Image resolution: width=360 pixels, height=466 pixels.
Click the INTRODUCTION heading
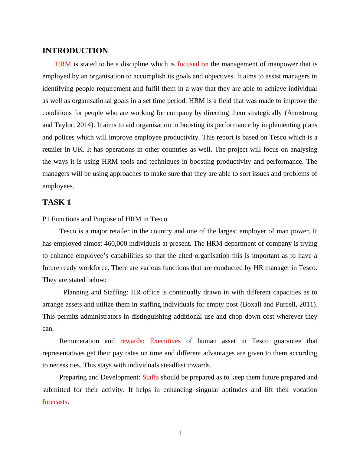pos(75,51)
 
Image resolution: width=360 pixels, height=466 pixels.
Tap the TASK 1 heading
pos(57,202)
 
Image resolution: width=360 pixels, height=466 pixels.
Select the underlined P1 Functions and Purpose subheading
pos(105,219)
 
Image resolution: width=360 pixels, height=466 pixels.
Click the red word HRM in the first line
pos(63,64)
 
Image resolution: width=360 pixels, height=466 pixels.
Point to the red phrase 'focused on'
pos(193,64)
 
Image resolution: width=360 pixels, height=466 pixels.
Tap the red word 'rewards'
pos(131,341)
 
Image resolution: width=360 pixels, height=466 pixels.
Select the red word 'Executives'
pos(165,341)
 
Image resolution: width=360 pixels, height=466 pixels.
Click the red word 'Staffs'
pos(150,377)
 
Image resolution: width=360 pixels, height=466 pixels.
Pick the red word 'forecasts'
pos(55,402)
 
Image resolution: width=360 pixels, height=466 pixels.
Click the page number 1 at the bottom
pos(180,433)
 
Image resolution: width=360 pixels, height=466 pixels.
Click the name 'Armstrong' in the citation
pos(302,113)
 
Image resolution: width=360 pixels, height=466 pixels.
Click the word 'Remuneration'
pos(79,341)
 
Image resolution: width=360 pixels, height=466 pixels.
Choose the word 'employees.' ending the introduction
pos(58,186)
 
